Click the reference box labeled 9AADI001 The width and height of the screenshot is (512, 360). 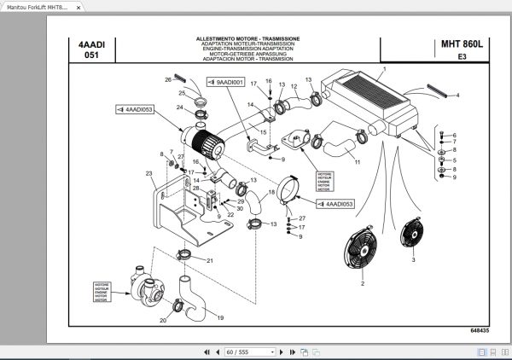227,83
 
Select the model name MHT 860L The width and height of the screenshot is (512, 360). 461,44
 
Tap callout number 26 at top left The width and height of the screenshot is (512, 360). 168,79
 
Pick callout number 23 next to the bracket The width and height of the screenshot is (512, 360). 148,173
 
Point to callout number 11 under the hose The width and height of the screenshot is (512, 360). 358,161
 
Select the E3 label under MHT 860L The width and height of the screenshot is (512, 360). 462,57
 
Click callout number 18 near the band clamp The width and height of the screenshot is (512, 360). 272,194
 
